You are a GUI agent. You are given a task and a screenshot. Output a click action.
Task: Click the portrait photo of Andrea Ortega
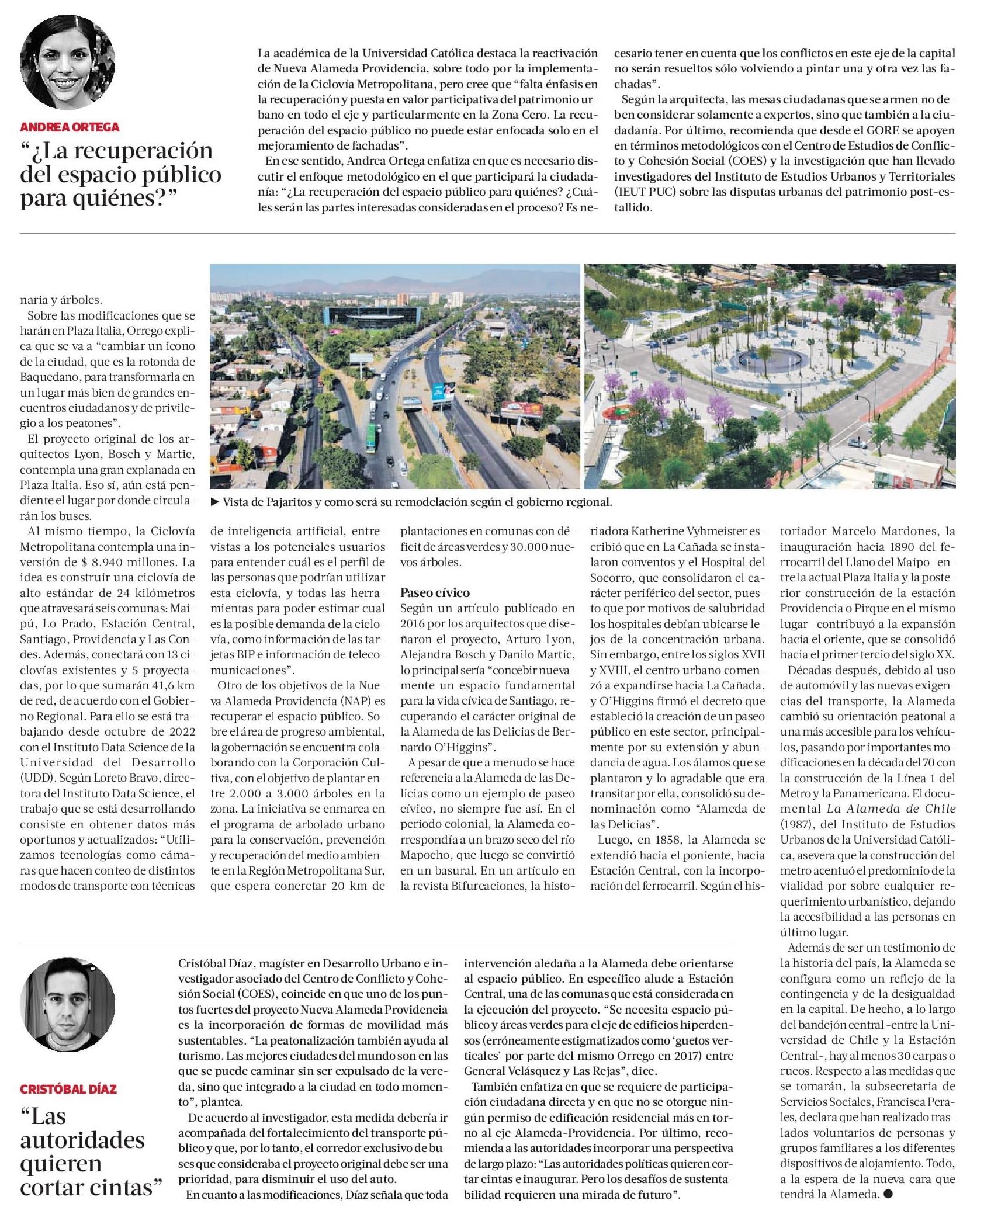(x=67, y=63)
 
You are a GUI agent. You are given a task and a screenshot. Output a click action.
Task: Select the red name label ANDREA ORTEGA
(x=70, y=127)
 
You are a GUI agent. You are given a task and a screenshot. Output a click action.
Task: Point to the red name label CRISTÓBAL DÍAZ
(x=68, y=1089)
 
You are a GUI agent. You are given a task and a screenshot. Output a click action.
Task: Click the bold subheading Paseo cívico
(x=435, y=592)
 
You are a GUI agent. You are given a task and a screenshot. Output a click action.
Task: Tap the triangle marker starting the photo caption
(x=214, y=502)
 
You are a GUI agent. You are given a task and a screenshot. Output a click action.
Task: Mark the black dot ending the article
(x=888, y=1194)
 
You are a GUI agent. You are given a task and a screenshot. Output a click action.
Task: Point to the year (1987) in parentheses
(x=798, y=824)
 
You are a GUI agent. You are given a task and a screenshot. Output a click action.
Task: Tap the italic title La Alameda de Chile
(x=891, y=809)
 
